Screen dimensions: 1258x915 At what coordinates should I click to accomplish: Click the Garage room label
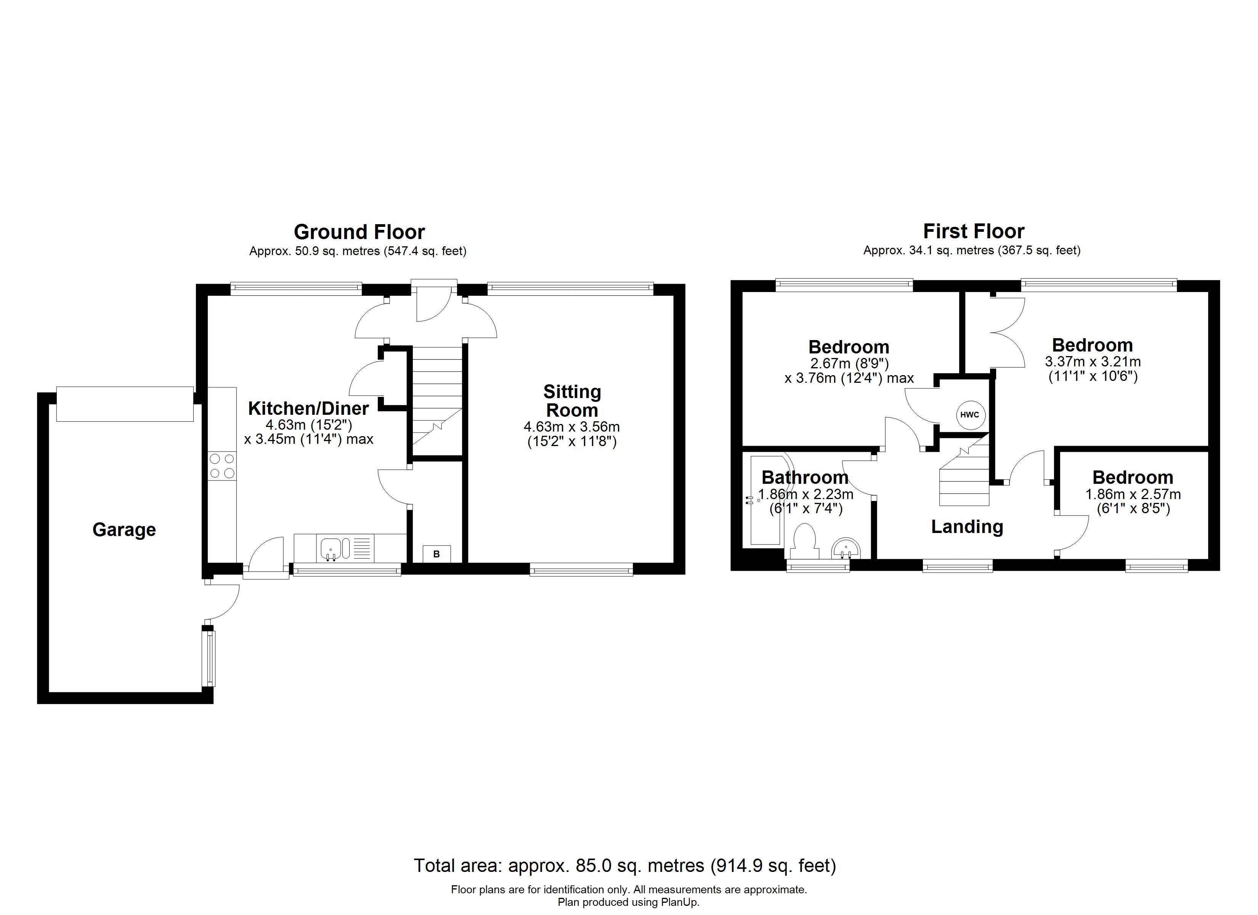coord(124,530)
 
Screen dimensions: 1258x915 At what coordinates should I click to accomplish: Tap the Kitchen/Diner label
coord(308,408)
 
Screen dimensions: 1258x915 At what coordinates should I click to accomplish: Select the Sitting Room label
coord(572,401)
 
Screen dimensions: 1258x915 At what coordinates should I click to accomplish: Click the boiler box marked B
coord(436,554)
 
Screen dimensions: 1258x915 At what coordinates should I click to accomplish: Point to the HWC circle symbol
coord(969,414)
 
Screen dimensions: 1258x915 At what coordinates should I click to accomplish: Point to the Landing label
coord(967,527)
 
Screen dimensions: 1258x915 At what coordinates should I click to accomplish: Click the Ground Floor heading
coord(359,231)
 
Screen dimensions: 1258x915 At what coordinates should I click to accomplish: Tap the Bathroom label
coord(805,477)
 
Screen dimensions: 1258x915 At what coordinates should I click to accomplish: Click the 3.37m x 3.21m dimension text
coord(1093,362)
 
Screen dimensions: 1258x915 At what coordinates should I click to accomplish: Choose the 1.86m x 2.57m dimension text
coord(1133,494)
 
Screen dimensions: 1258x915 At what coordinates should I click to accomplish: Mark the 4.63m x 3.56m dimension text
coord(572,427)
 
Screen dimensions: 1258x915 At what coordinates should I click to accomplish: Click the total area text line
coord(625,865)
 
